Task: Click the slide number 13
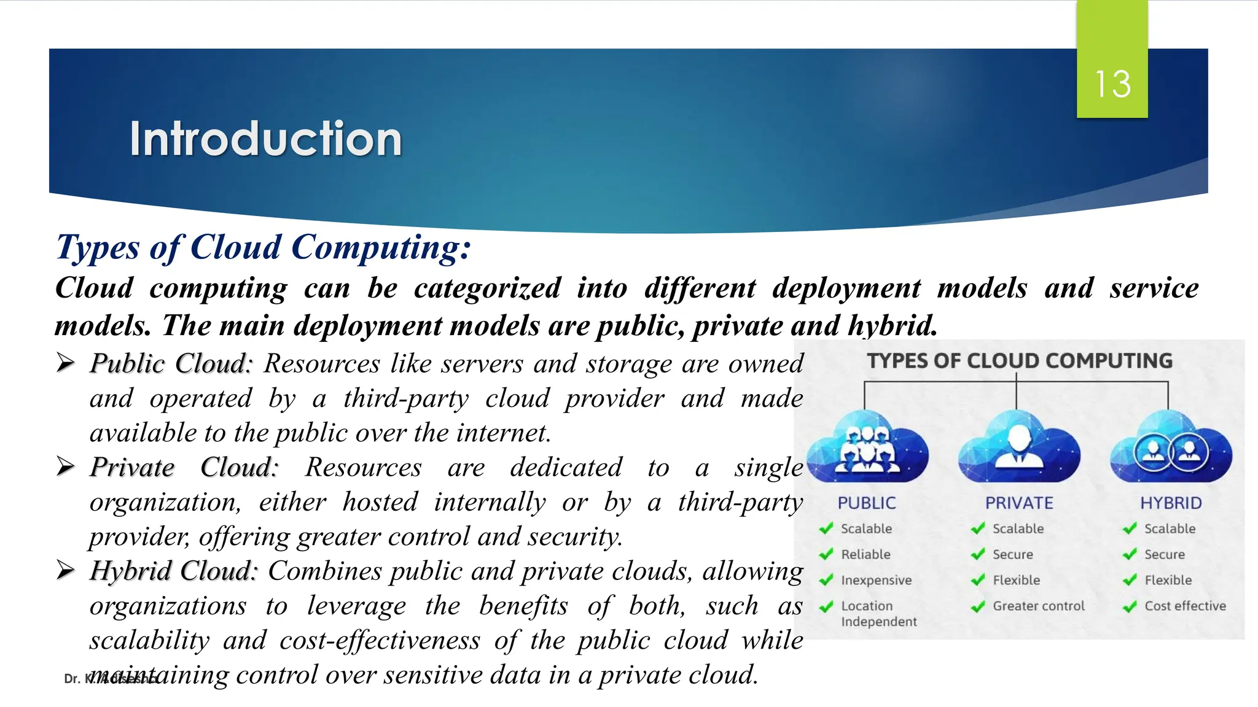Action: click(x=1112, y=84)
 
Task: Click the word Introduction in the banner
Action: click(x=265, y=139)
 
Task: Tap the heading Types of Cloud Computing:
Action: click(x=264, y=247)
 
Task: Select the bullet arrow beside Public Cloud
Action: click(x=65, y=363)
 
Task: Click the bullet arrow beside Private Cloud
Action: click(x=65, y=466)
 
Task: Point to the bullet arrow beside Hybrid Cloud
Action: click(x=65, y=570)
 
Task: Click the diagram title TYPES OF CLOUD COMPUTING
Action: click(x=1020, y=361)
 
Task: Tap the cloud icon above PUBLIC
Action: click(x=867, y=448)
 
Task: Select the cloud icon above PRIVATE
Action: click(x=1019, y=448)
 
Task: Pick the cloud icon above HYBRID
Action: click(x=1171, y=448)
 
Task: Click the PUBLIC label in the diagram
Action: click(x=867, y=503)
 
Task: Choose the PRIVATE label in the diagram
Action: click(x=1019, y=503)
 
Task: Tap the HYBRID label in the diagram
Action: click(x=1171, y=503)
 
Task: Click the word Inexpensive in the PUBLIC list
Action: click(x=876, y=581)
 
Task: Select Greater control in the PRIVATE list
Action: click(x=1039, y=606)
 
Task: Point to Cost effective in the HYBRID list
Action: click(x=1185, y=606)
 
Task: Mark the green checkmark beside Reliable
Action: click(x=826, y=554)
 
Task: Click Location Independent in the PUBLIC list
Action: click(x=878, y=614)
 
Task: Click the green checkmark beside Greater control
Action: click(x=978, y=606)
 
